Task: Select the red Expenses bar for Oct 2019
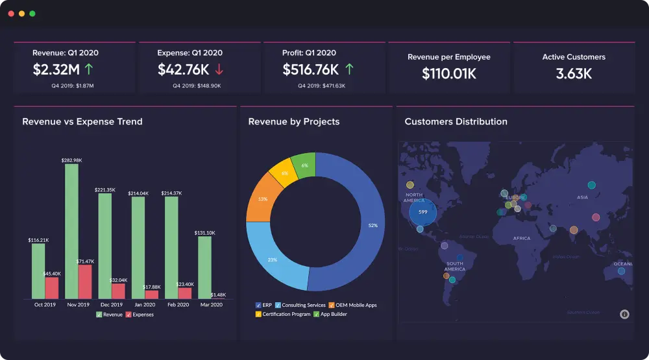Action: [x=52, y=287]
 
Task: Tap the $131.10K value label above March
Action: [x=204, y=232]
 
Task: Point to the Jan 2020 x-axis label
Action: [x=145, y=304]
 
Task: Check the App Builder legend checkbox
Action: [x=317, y=314]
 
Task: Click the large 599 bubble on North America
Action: [x=422, y=211]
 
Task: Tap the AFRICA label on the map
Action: [x=522, y=238]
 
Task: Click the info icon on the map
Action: [x=624, y=314]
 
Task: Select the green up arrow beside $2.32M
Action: [x=89, y=69]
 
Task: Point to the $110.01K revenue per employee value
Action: [x=449, y=74]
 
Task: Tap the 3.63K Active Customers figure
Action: [x=574, y=74]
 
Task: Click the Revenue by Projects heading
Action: [x=294, y=121]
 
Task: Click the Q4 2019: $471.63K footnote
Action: [x=321, y=85]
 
